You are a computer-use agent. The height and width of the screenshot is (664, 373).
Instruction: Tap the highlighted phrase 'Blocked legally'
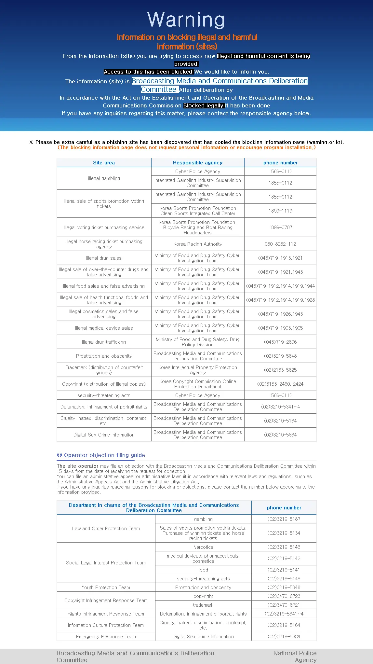tap(204, 105)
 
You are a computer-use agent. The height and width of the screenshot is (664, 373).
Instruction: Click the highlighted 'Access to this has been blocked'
tap(148, 72)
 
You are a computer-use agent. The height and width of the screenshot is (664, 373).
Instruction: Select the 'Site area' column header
tap(104, 163)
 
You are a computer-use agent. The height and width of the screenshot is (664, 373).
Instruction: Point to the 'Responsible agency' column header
tap(198, 163)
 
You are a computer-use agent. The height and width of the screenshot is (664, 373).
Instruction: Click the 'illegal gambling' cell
tap(104, 178)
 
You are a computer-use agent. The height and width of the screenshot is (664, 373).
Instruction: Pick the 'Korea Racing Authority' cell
tap(198, 244)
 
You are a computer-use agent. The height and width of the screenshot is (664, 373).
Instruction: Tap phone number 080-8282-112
tap(280, 244)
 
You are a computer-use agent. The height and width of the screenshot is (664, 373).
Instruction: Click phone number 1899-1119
tap(280, 211)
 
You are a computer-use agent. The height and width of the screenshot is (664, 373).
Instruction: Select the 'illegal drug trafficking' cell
tap(104, 342)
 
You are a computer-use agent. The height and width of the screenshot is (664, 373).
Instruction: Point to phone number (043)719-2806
tap(280, 342)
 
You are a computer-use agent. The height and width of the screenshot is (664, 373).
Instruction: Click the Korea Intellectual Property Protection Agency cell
tap(198, 370)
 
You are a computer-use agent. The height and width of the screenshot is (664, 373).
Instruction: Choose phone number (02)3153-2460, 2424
tap(280, 384)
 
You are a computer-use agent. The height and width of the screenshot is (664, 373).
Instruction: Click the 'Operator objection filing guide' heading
tap(104, 455)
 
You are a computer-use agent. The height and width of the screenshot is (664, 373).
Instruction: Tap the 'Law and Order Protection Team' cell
tap(106, 529)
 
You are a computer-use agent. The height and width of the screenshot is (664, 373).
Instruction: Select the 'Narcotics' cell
tap(203, 547)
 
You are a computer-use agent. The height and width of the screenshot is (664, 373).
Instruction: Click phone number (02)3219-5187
tap(284, 519)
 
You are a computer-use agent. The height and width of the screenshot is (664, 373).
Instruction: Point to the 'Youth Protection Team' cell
tap(106, 588)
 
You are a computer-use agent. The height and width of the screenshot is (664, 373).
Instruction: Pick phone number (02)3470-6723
tap(284, 596)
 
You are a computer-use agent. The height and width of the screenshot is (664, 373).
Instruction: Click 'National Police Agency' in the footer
tap(295, 657)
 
